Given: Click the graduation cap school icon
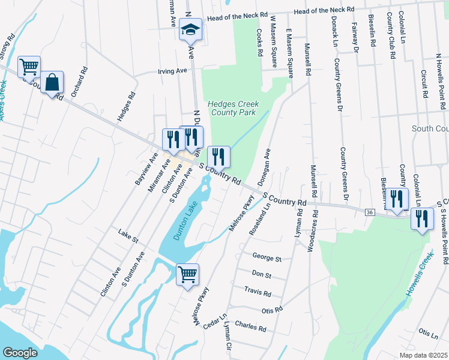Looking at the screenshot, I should pyautogui.click(x=191, y=29).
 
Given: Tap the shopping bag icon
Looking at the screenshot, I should pyautogui.click(x=52, y=82).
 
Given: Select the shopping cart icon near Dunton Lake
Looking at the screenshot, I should pyautogui.click(x=187, y=275).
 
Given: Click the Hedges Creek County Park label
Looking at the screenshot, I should pyautogui.click(x=232, y=108).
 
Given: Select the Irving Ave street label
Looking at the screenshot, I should pyautogui.click(x=172, y=71).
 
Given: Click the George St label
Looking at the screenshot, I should pyautogui.click(x=267, y=259).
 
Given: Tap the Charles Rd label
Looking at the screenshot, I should pyautogui.click(x=250, y=328).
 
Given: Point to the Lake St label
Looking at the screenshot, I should pyautogui.click(x=128, y=235).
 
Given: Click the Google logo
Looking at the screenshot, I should pyautogui.click(x=20, y=352).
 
